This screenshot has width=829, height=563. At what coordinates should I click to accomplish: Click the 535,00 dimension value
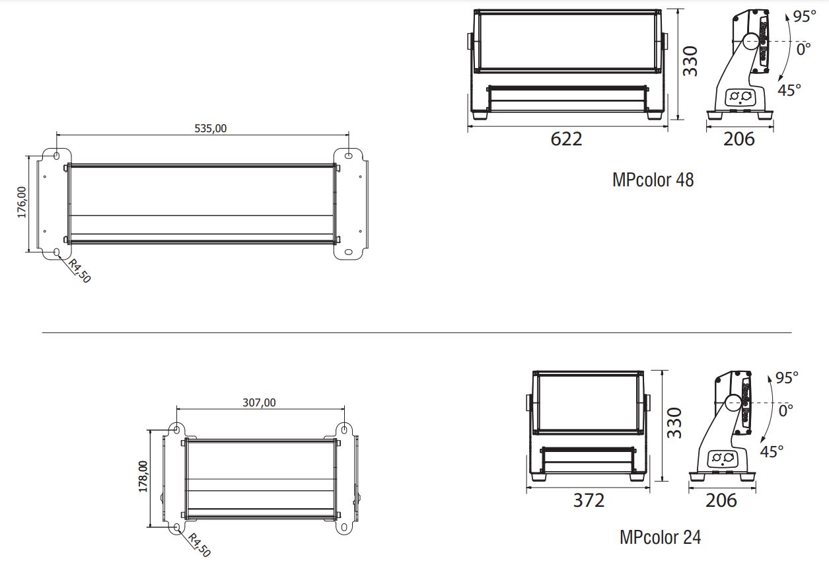211,128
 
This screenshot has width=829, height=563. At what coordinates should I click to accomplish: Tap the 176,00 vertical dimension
21,202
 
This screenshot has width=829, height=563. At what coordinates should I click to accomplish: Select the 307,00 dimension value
260,402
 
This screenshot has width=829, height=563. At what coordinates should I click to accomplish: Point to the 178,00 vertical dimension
143,476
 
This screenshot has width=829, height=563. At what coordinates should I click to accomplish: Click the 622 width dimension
567,139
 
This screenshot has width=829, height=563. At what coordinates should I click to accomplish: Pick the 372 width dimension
588,500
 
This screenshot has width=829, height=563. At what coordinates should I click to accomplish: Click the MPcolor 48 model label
653,180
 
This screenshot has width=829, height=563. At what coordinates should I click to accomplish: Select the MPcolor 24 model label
660,537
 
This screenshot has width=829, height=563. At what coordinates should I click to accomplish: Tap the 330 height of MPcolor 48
690,61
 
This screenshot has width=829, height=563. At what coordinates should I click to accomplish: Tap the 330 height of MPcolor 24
673,423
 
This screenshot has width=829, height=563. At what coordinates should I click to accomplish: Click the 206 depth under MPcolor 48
739,139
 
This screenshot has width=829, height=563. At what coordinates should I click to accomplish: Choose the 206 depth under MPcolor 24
721,500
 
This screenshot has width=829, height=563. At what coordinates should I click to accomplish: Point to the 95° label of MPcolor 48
805,17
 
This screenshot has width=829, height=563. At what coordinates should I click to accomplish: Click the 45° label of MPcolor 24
772,452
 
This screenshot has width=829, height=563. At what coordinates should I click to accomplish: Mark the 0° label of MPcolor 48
803,49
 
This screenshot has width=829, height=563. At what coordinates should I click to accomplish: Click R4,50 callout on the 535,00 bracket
79,271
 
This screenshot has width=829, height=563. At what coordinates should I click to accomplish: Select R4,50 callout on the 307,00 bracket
199,545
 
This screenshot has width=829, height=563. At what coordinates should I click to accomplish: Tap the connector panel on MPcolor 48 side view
740,98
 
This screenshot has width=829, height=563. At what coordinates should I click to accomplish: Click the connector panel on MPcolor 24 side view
722,457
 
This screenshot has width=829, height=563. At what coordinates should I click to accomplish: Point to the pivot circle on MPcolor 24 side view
733,402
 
